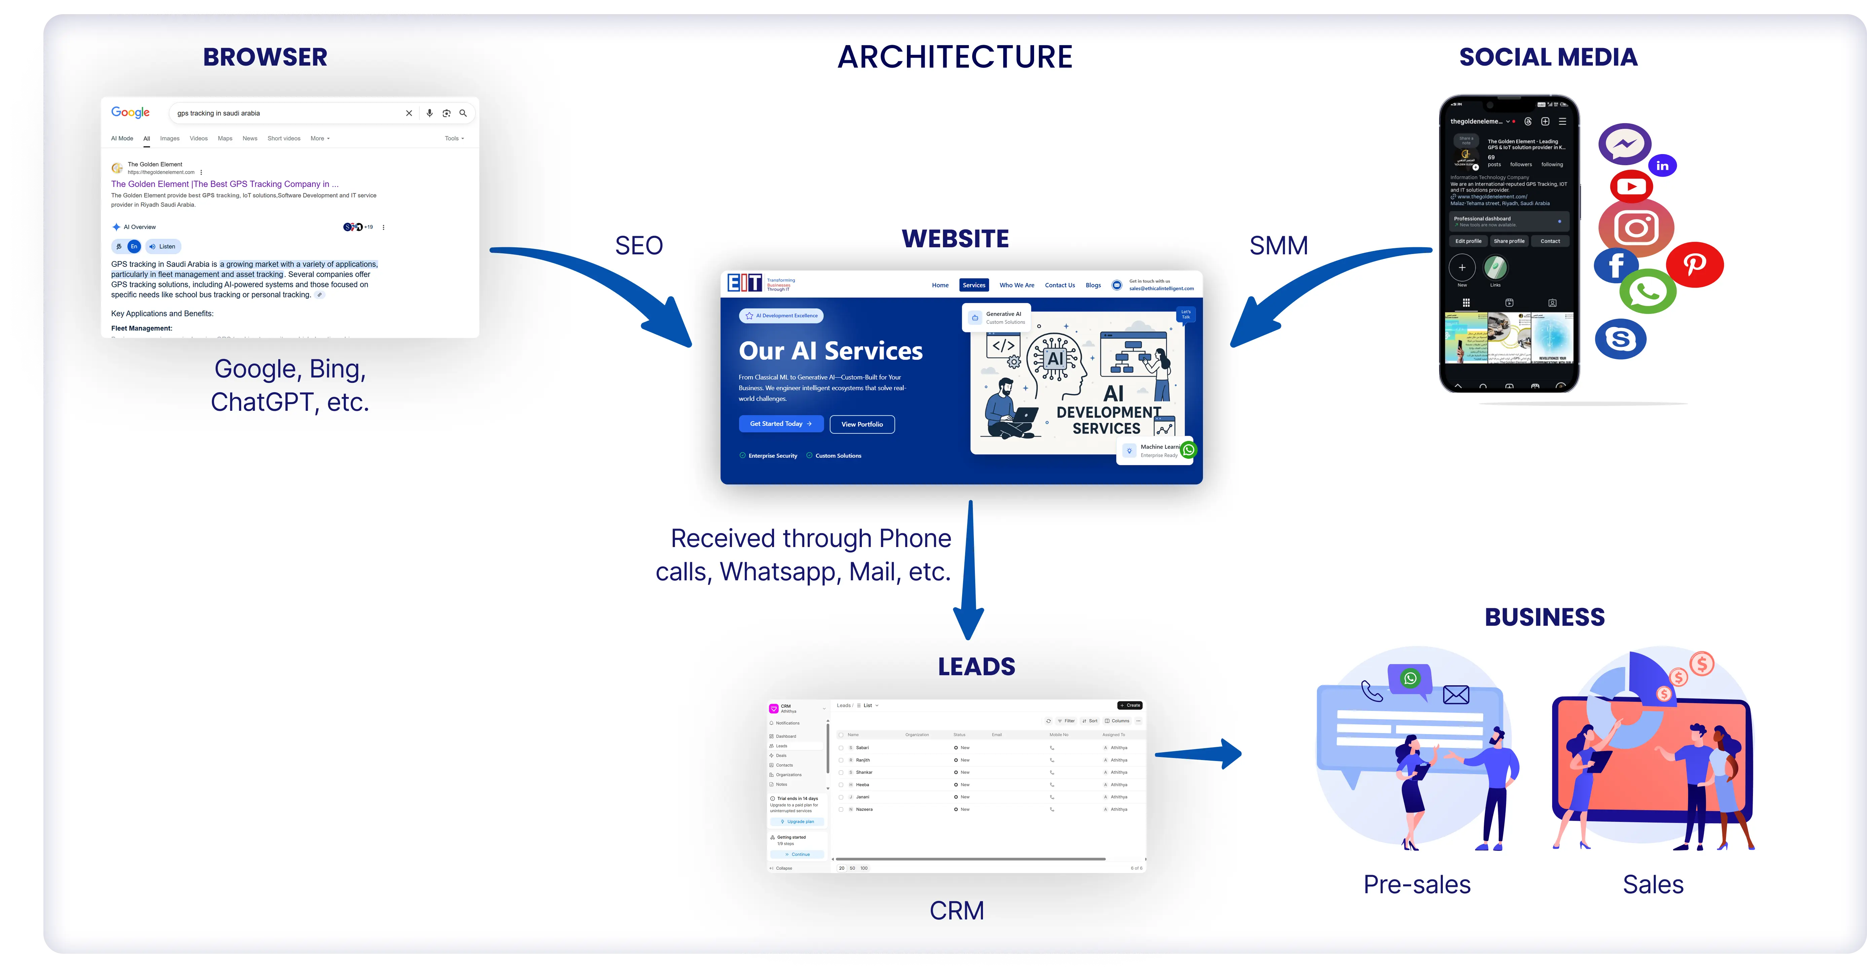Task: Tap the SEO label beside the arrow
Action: [638, 246]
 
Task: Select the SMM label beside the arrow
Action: [1279, 246]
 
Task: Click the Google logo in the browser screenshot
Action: [131, 112]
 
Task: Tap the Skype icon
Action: [1620, 338]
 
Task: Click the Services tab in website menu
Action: [973, 285]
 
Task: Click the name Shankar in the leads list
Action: [864, 772]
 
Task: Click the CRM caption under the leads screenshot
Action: [957, 911]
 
